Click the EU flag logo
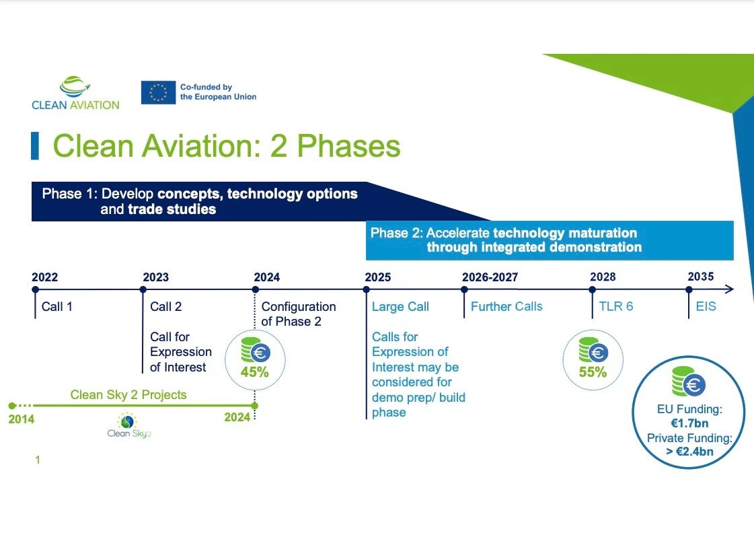click(x=158, y=92)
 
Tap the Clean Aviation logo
click(x=75, y=94)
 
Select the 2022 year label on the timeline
click(x=44, y=277)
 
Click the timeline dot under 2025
click(x=367, y=289)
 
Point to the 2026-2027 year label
click(x=490, y=277)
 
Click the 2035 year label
click(x=701, y=277)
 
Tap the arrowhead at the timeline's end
click(x=730, y=289)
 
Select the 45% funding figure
click(x=255, y=372)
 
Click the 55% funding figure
click(x=593, y=372)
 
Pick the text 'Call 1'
click(x=56, y=306)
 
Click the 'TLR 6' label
click(x=616, y=306)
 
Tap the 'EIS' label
click(x=706, y=306)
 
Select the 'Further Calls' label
click(x=506, y=306)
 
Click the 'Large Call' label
click(x=400, y=306)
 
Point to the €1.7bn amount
click(x=689, y=423)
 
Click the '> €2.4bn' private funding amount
click(x=689, y=451)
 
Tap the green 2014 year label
click(x=21, y=419)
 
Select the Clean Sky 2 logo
click(x=129, y=425)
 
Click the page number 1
click(x=38, y=460)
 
